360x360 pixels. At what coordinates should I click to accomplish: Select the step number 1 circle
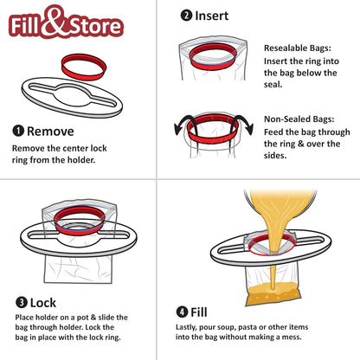point(18,132)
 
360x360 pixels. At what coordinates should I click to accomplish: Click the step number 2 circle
point(187,15)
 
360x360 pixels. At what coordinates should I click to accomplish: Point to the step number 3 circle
point(18,304)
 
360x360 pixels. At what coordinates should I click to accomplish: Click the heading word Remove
point(56,132)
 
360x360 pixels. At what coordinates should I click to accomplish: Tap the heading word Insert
point(213,15)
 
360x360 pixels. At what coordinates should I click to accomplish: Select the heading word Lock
point(43,304)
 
